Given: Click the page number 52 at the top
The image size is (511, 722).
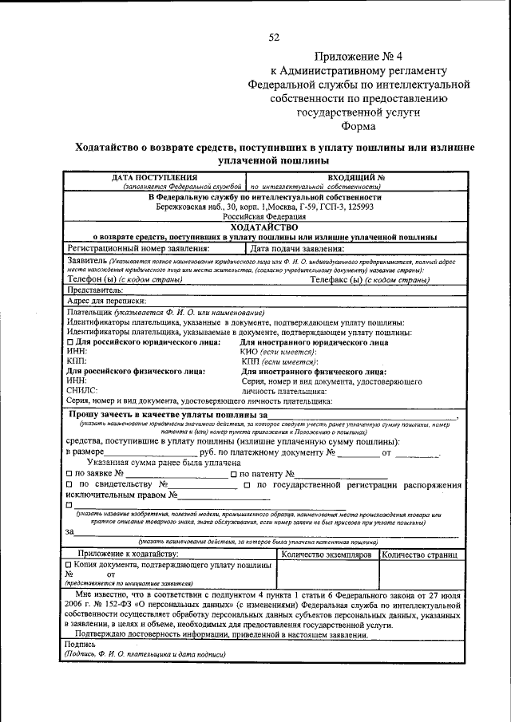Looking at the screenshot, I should (274, 37).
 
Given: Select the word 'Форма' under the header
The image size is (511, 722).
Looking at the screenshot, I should (358, 126).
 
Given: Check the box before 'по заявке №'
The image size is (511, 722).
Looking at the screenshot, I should (69, 475).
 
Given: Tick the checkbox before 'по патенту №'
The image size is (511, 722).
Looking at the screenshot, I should (233, 475).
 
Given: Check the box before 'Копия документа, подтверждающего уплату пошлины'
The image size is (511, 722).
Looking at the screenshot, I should (69, 564).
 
